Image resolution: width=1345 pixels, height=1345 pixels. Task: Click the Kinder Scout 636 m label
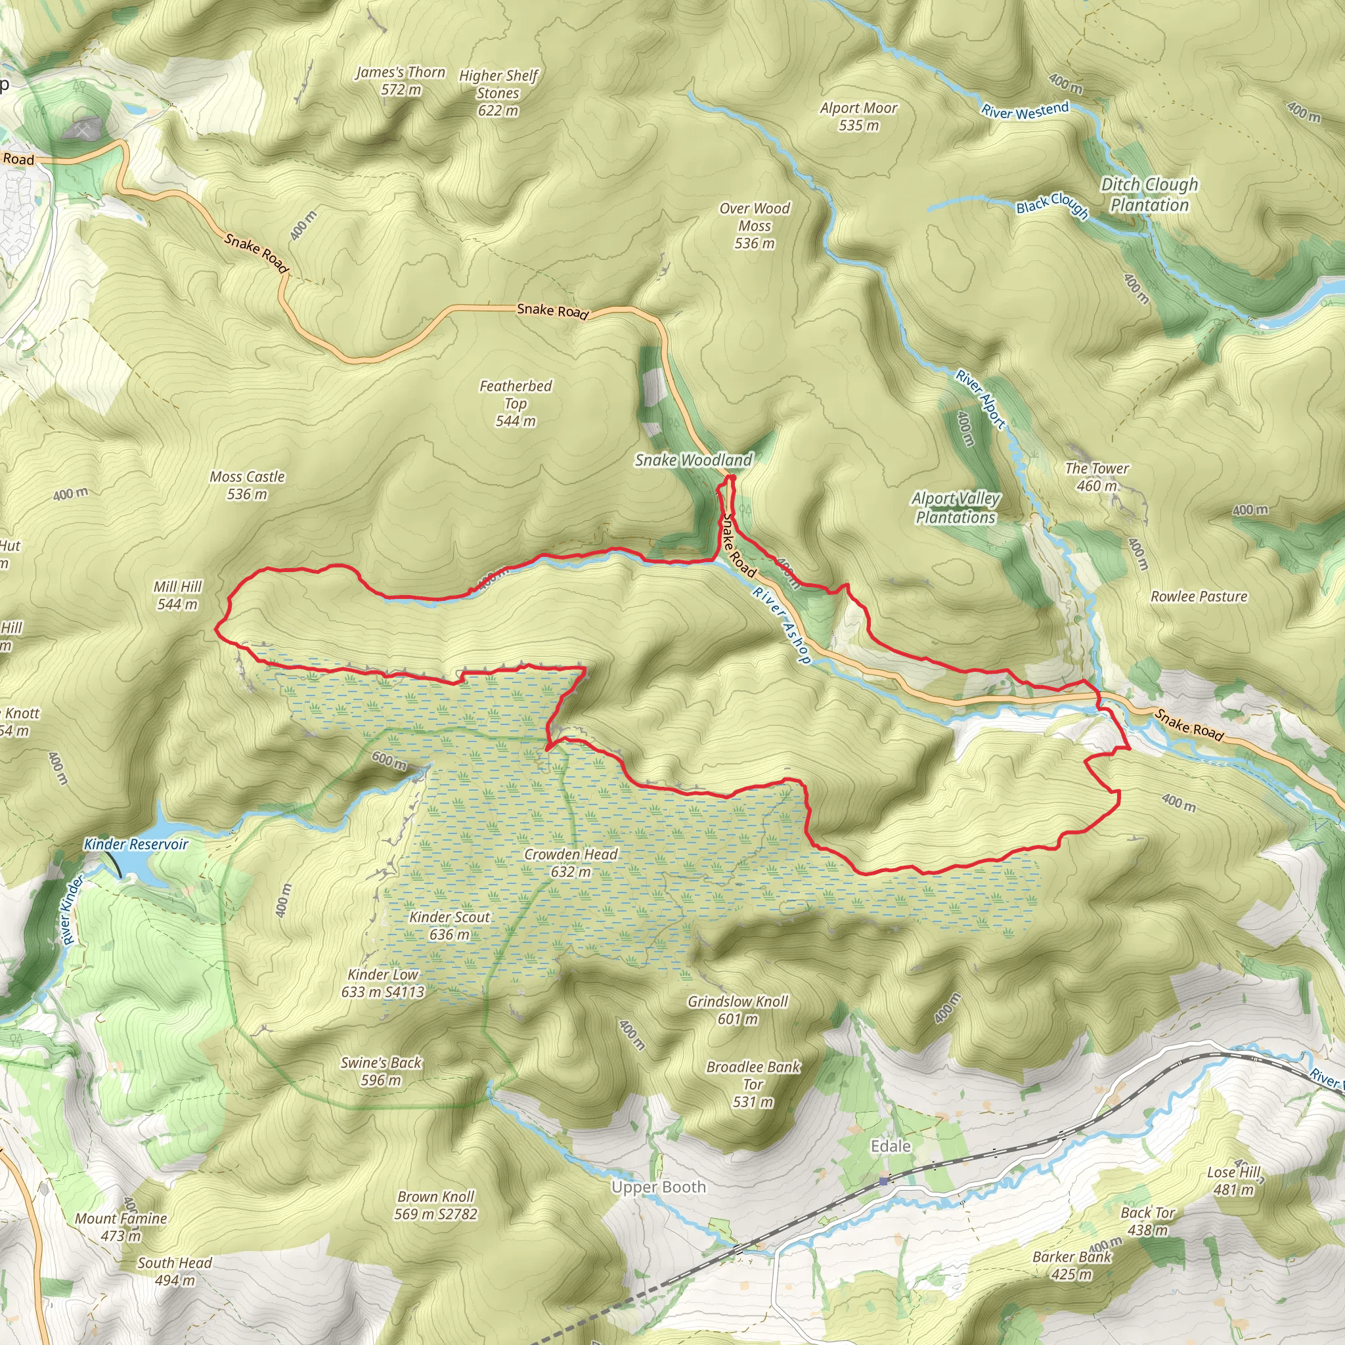coord(450,926)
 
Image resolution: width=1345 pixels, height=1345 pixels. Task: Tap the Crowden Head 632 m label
coord(571,862)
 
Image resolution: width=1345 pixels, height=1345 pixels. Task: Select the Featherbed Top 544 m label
coord(515,403)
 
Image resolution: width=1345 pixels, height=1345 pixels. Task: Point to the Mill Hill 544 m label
coord(177,595)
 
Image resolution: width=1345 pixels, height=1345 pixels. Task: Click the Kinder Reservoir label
coord(137,845)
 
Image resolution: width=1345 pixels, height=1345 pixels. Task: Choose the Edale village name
coord(891,1146)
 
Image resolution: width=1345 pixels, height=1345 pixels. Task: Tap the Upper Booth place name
coord(659,1187)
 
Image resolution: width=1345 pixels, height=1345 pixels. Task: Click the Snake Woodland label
coord(694,460)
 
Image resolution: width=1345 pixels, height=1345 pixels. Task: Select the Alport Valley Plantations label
coord(956,508)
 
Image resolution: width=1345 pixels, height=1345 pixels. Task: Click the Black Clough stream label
coord(1052,204)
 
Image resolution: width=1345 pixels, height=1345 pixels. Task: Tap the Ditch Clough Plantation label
coord(1149,194)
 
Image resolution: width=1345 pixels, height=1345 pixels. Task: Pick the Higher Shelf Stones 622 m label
coord(498,93)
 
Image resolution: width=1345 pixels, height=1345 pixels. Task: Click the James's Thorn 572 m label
coord(401,81)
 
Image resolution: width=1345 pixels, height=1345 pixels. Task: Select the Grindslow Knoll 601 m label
coord(738,1010)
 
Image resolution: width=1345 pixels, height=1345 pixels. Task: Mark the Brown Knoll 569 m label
coord(436,1205)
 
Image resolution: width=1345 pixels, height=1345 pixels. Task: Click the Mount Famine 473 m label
coord(121,1227)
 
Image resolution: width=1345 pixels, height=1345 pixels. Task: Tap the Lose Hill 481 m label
coord(1233,1181)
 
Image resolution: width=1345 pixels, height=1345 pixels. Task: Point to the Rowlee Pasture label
coord(1199,596)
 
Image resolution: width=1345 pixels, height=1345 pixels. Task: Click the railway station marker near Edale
coord(884,1181)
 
